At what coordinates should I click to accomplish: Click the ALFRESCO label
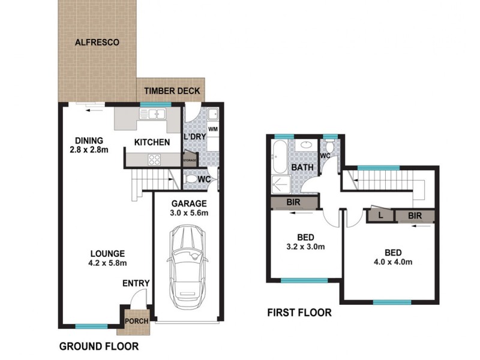[x=97, y=43]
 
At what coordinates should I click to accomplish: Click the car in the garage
[x=188, y=266]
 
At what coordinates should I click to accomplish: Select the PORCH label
[x=136, y=321]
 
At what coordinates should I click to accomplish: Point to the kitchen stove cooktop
[x=154, y=160]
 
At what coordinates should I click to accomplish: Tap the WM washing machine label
[x=212, y=129]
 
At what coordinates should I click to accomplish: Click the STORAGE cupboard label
[x=190, y=160]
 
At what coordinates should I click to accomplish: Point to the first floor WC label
[x=326, y=156]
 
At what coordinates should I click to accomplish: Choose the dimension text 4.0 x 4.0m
[x=393, y=262]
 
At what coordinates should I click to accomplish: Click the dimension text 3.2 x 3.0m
[x=305, y=246]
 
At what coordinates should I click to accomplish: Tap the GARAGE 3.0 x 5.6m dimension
[x=189, y=212]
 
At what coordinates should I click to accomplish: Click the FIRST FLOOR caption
[x=299, y=313]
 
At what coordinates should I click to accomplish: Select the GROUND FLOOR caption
[x=99, y=346]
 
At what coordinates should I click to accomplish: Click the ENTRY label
[x=136, y=283]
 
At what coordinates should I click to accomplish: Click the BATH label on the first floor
[x=302, y=167]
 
